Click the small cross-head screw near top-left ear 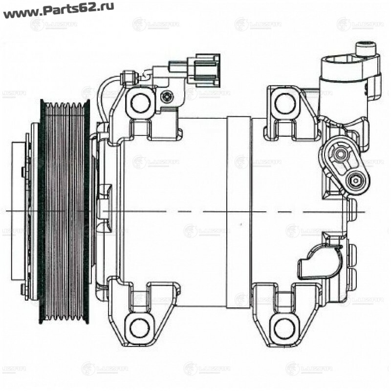[167, 97]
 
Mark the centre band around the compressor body [239, 211]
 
